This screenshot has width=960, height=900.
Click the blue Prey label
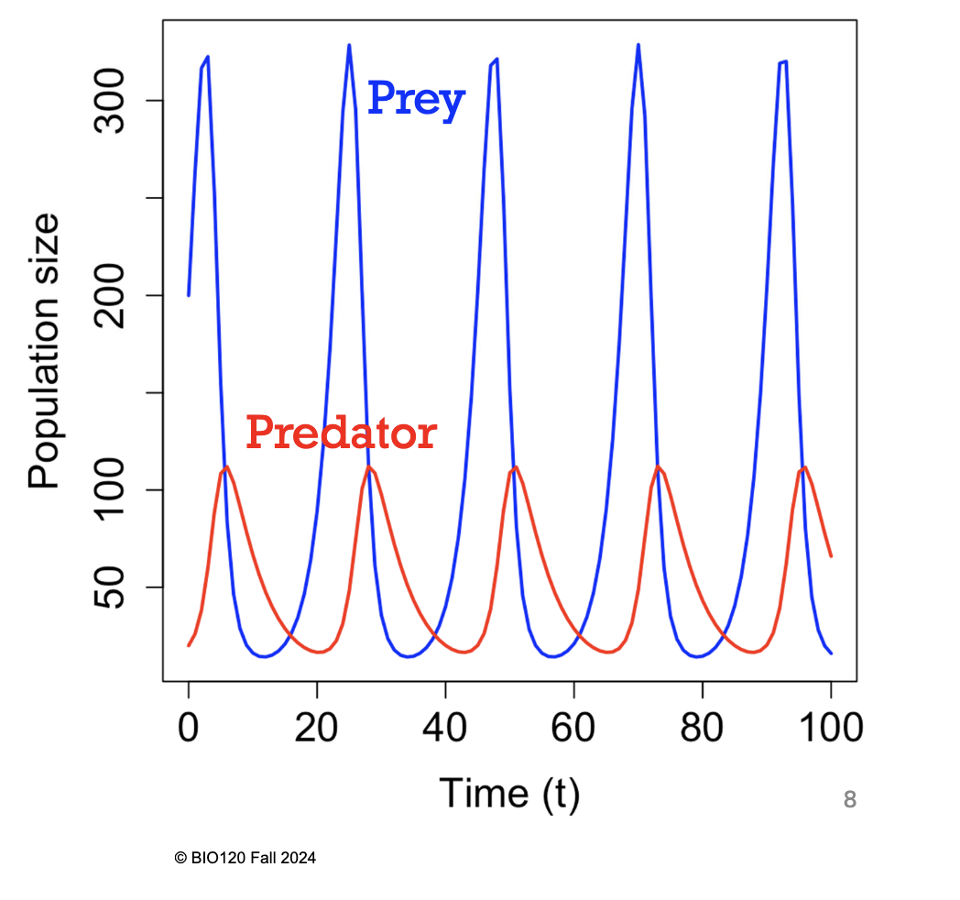coord(416,99)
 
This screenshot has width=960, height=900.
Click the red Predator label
coord(341,432)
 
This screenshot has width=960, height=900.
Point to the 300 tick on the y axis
coord(115,101)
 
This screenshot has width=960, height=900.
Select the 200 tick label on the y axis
coord(115,295)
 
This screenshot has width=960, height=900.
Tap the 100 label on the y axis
coord(115,489)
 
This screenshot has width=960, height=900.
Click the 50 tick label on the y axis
coord(115,587)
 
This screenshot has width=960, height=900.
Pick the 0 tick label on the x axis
coord(188,729)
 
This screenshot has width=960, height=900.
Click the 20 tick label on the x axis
coord(317,729)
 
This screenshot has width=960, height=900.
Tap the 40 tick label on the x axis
coord(445,729)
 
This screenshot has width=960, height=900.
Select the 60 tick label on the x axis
coord(573,729)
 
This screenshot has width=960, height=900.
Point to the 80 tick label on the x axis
coord(702,729)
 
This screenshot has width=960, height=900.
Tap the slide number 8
coord(849,800)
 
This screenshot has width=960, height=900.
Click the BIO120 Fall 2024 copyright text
coord(245,859)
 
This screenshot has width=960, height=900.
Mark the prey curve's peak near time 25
coord(349,45)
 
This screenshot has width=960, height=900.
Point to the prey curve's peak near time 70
coord(638,45)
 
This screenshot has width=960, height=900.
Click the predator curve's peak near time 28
coord(368,467)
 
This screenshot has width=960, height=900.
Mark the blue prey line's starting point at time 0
coord(189,294)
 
